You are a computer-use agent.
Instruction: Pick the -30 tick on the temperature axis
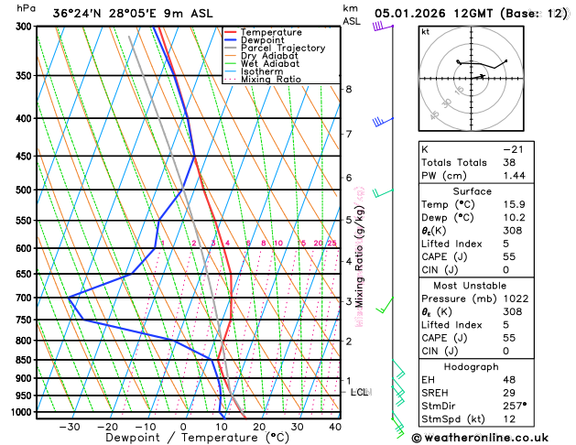[x=69, y=427]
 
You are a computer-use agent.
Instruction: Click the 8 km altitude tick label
[x=349, y=89]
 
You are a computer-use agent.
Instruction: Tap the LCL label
[x=359, y=392]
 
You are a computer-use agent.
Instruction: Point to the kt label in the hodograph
[x=425, y=31]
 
